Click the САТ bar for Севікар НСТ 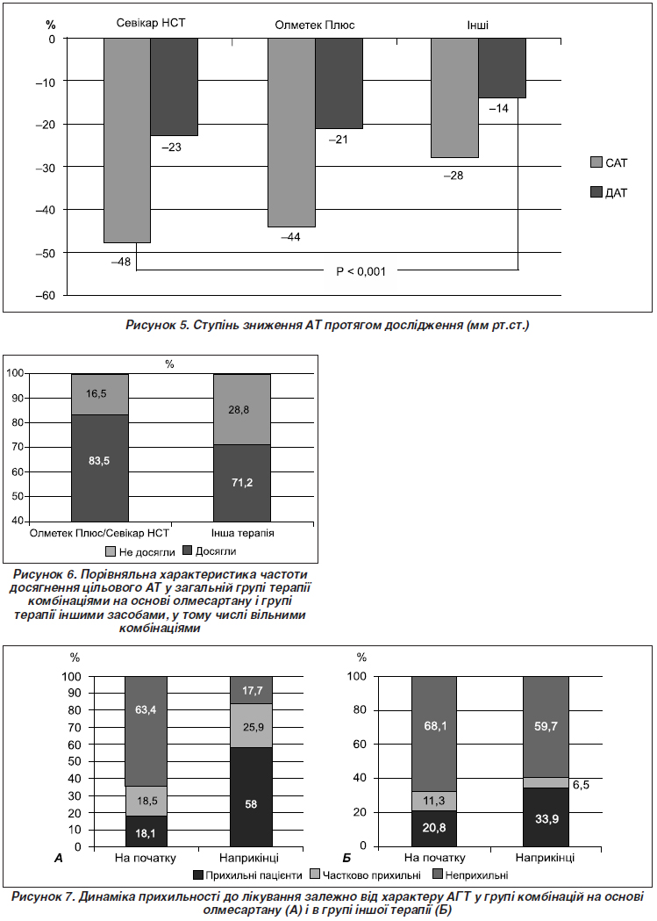pyautogui.click(x=127, y=140)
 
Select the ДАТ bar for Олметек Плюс pyautogui.click(x=339, y=83)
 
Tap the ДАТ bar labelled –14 pyautogui.click(x=502, y=68)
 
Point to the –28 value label pyautogui.click(x=453, y=176)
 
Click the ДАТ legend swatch pyautogui.click(x=596, y=192)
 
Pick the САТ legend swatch pyautogui.click(x=596, y=162)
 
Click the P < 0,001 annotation pyautogui.click(x=361, y=271)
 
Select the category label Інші pyautogui.click(x=477, y=25)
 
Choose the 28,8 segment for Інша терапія pyautogui.click(x=242, y=409)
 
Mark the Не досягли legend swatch pyautogui.click(x=111, y=551)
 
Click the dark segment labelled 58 pyautogui.click(x=251, y=796)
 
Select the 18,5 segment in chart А pyautogui.click(x=146, y=800)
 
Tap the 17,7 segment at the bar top pyautogui.click(x=251, y=690)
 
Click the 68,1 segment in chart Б pyautogui.click(x=434, y=734)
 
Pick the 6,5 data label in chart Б pyautogui.click(x=581, y=785)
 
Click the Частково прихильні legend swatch pyautogui.click(x=314, y=875)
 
